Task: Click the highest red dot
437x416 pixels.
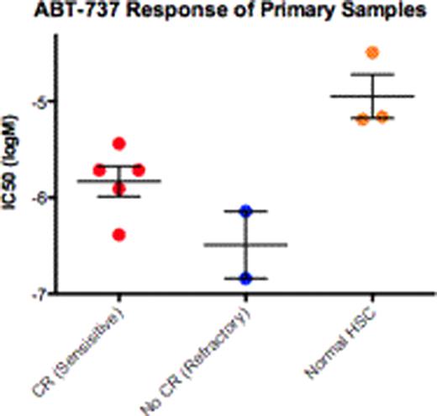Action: [118, 143]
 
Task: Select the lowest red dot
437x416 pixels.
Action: [118, 234]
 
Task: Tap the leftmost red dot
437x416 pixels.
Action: [100, 169]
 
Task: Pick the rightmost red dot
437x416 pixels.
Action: [138, 169]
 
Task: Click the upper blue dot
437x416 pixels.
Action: [245, 211]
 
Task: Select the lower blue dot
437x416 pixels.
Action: [245, 278]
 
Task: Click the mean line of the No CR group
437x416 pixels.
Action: [245, 245]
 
